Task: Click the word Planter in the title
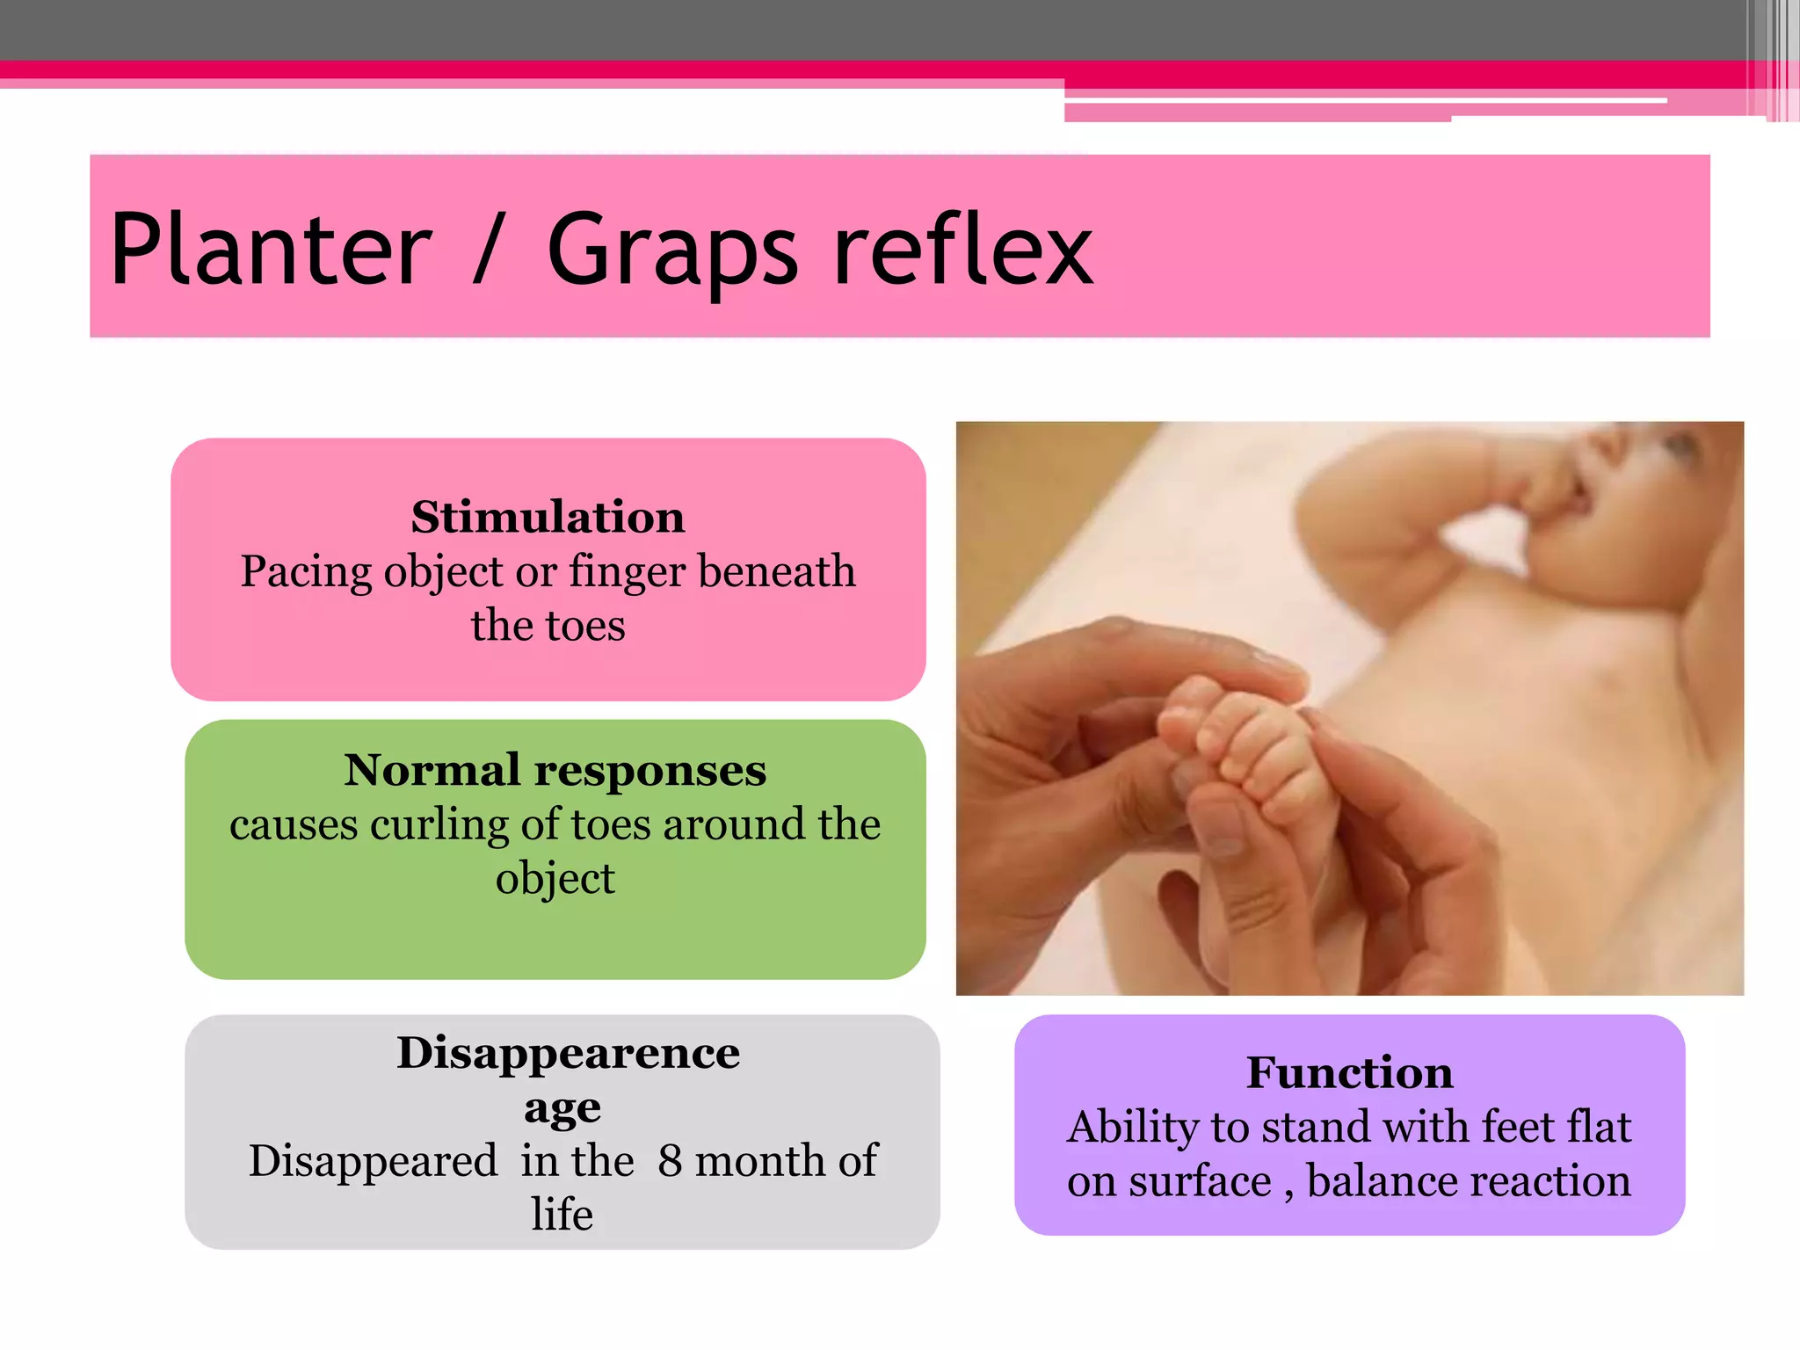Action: point(271,250)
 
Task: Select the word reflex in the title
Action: point(963,250)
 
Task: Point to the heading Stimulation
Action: point(548,517)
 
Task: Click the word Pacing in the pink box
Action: point(305,573)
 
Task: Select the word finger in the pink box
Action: point(627,573)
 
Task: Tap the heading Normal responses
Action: point(555,771)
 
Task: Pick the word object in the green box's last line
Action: point(555,880)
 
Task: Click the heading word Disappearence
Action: point(568,1053)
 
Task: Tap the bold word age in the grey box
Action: point(562,1108)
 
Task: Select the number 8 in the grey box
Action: point(670,1161)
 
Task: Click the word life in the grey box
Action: point(562,1215)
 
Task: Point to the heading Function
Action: point(1349,1073)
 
